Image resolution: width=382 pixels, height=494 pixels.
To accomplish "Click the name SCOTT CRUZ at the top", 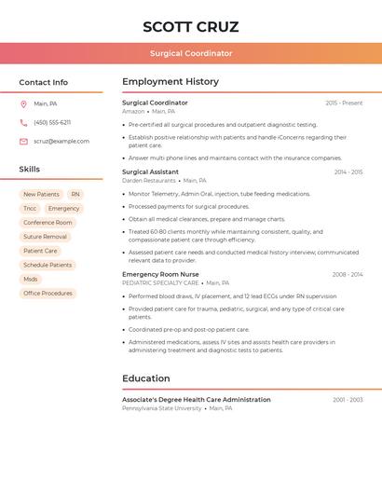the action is tap(191, 26).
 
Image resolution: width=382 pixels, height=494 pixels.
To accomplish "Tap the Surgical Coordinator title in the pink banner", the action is tap(191, 53).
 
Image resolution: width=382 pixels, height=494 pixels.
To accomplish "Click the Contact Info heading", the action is tap(43, 82).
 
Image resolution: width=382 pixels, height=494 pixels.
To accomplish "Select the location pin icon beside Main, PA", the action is tap(23, 103).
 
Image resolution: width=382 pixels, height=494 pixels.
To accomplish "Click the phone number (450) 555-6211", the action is tap(52, 122).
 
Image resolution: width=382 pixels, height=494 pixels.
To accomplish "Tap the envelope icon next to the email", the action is tap(23, 142).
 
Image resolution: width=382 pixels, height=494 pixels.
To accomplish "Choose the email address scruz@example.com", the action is tap(61, 142).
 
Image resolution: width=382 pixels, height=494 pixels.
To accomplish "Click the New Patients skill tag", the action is tap(41, 195).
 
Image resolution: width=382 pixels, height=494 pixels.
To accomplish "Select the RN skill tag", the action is tap(75, 195).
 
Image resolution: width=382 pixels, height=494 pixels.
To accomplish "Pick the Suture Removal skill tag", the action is tap(45, 237).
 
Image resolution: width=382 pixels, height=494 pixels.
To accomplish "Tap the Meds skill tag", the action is tap(31, 279).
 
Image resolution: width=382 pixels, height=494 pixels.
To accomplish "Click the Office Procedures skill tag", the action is tap(48, 293).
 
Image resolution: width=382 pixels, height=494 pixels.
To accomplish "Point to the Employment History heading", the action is tap(171, 82).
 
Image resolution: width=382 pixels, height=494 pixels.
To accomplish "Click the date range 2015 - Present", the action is tap(344, 103).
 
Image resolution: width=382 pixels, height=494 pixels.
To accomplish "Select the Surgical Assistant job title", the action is tap(150, 172).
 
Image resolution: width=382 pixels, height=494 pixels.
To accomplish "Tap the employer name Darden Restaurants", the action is tap(148, 181).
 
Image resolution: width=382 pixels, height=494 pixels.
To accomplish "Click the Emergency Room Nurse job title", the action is tap(160, 275).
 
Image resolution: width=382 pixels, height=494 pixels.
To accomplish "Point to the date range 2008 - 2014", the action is tap(347, 275).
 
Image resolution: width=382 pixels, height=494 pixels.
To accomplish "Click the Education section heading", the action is tap(146, 378).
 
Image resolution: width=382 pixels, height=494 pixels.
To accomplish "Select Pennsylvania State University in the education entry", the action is tap(161, 408).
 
